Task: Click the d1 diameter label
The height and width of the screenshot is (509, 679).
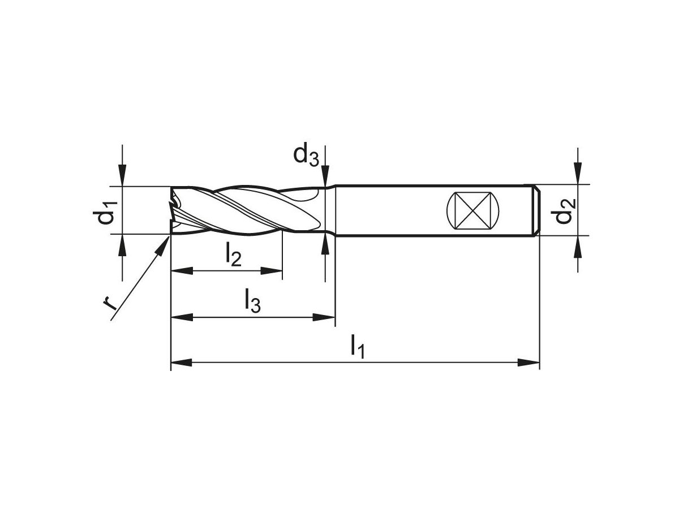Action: pyautogui.click(x=106, y=210)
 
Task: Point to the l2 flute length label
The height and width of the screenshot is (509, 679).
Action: pyautogui.click(x=233, y=255)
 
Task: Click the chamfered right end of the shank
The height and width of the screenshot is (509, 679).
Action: pyautogui.click(x=536, y=210)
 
